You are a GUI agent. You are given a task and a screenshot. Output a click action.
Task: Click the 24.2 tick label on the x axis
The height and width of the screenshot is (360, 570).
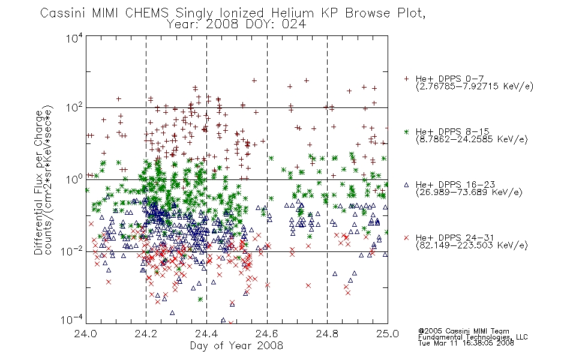[146, 334]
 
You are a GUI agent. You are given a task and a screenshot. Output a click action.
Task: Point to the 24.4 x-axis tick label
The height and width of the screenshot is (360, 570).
[206, 334]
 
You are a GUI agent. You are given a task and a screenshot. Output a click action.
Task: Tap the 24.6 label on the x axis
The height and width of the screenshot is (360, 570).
[267, 334]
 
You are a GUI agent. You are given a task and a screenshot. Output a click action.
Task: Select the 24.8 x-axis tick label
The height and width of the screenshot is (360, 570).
[328, 334]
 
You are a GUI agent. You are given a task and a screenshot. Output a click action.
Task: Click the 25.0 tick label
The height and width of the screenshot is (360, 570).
[388, 334]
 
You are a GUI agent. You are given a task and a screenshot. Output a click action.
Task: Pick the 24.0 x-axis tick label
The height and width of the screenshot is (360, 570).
[86, 334]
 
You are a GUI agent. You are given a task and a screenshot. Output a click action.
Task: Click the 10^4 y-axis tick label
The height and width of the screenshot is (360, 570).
[74, 38]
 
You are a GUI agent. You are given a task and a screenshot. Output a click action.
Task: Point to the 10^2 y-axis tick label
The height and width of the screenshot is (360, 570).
[74, 107]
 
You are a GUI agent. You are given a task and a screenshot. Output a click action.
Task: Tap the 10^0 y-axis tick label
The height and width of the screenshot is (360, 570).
[74, 179]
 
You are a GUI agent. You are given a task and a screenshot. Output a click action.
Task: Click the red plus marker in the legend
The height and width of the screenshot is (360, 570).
[407, 79]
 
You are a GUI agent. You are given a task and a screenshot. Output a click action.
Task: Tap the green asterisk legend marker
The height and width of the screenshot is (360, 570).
[407, 131]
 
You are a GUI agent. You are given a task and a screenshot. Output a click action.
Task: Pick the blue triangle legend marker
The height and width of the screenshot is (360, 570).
[407, 185]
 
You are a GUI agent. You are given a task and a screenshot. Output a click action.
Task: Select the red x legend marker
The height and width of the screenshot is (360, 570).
[407, 238]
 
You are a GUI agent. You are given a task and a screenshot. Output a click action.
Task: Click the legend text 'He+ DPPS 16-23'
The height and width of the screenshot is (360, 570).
[455, 185]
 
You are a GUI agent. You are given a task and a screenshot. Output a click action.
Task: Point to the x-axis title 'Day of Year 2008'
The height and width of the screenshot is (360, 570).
[236, 346]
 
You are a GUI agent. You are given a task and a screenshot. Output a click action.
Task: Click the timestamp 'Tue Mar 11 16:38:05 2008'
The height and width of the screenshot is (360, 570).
[466, 343]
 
